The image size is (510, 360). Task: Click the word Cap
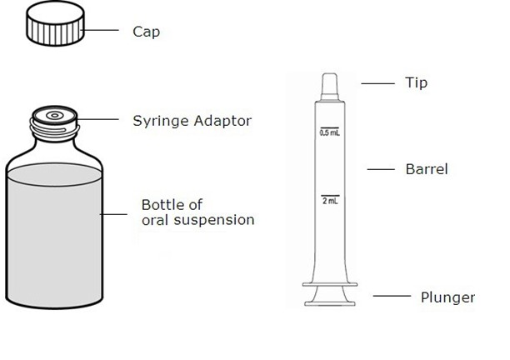(x=146, y=32)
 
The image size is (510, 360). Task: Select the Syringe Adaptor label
(x=192, y=121)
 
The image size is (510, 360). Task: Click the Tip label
(x=416, y=82)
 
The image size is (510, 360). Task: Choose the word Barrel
(x=427, y=169)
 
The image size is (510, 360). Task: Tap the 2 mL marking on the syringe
(x=329, y=201)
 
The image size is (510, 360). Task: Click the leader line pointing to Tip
(x=377, y=82)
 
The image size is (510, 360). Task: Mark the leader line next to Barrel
(x=380, y=169)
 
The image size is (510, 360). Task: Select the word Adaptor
(x=221, y=121)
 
